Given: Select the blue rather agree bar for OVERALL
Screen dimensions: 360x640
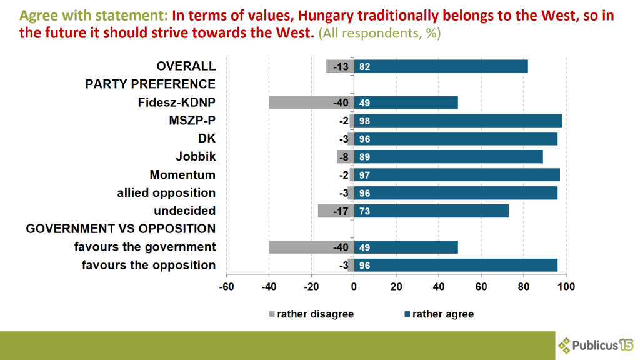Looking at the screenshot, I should click(441, 66).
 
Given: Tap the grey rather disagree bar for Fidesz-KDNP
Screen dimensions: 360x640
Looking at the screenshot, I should click(311, 102).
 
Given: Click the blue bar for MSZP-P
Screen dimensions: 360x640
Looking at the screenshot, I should click(457, 121).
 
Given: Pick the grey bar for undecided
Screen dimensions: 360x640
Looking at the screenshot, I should click(336, 211).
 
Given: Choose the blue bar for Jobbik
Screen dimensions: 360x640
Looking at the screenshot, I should click(448, 157).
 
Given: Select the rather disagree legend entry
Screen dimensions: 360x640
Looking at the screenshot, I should click(311, 314).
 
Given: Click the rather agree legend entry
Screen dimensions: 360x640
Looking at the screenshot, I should click(439, 314).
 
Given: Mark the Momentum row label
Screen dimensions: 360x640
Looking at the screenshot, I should click(182, 175).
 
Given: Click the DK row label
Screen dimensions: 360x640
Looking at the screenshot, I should click(206, 139).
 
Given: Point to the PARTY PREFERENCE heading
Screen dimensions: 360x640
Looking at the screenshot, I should click(150, 84).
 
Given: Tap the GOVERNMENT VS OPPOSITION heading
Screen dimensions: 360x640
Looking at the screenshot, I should click(121, 229).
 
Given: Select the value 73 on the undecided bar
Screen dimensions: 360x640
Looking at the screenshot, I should click(364, 211).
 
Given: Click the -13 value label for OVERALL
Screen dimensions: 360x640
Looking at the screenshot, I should click(340, 66).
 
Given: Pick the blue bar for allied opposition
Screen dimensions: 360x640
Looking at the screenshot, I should click(456, 193).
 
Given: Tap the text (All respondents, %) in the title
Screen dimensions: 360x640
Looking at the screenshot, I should click(379, 33).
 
